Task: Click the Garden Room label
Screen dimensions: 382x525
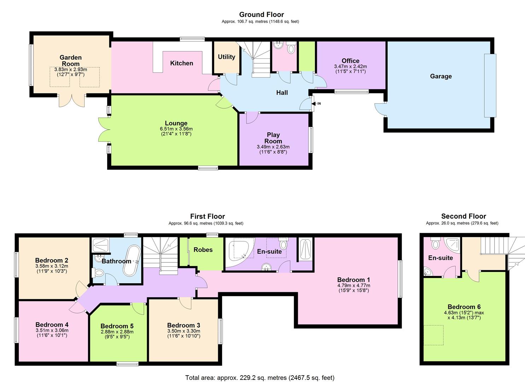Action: point(70,60)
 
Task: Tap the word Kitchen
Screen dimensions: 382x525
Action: point(182,63)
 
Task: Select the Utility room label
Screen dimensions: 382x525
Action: point(227,57)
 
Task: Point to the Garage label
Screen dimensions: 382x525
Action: point(441,76)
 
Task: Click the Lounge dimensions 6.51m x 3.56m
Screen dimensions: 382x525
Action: point(176,129)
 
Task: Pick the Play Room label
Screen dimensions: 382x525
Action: point(273,138)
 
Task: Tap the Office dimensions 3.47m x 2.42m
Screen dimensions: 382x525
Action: point(350,66)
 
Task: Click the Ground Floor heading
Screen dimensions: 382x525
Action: point(261,15)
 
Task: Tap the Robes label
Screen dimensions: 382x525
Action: point(203,250)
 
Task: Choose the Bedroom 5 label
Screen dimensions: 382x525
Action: point(117,326)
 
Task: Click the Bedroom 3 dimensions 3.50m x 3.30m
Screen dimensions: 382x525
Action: point(184,331)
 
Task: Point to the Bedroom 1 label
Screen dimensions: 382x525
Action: point(354,280)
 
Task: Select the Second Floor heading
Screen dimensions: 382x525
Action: point(463,216)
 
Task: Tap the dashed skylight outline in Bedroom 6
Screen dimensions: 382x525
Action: point(433,335)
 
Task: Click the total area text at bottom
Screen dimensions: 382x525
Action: point(260,378)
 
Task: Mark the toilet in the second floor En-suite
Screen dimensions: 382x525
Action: point(435,244)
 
